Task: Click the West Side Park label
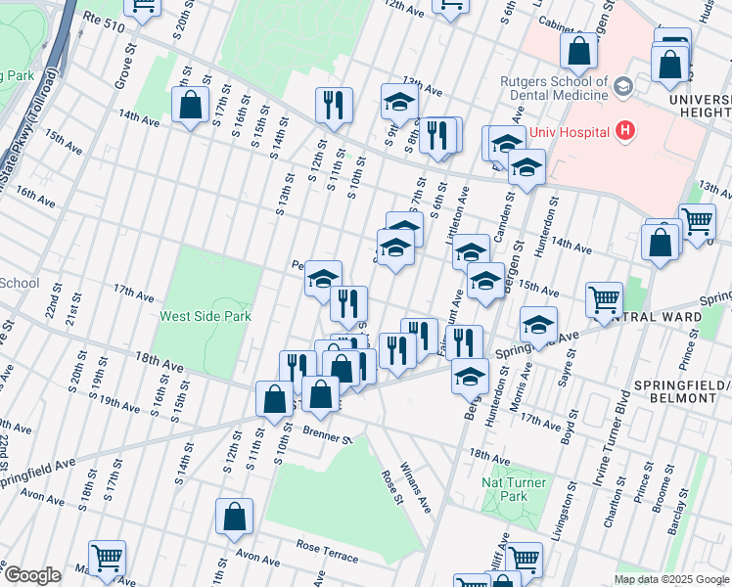206,316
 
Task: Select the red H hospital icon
623,132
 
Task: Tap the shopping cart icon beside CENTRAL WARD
604,298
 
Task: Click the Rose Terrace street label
328,554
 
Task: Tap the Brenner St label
326,434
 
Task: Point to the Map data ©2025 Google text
670,579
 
